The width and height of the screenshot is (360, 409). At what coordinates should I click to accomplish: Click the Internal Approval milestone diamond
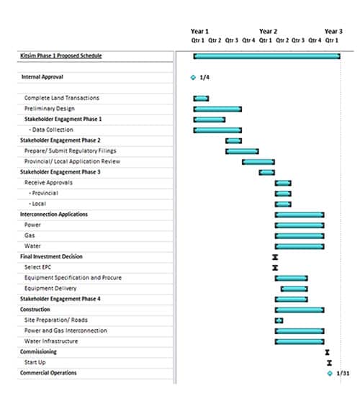193,78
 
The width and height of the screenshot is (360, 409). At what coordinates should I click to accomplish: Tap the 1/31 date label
343,373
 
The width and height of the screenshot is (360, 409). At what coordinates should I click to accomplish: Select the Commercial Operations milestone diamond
330,373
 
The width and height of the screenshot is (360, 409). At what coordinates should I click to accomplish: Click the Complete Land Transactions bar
201,99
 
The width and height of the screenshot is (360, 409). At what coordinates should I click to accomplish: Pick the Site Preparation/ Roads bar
279,320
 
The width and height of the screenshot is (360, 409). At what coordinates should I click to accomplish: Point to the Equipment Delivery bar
294,289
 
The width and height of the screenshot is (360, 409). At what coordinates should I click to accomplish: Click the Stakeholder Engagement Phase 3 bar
266,172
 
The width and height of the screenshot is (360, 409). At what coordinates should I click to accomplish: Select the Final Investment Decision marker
275,257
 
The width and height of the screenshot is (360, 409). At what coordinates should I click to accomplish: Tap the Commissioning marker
328,352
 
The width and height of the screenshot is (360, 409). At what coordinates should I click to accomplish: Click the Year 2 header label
268,31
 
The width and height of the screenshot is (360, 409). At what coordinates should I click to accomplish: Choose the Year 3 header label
333,31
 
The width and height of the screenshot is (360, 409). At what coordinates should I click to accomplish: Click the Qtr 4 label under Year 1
248,40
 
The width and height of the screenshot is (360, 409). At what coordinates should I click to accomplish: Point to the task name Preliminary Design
50,109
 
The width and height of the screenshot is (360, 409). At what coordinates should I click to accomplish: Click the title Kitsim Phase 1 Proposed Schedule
61,55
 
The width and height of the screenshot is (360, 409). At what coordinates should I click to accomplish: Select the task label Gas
30,235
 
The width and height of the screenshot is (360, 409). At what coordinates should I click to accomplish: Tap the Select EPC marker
275,268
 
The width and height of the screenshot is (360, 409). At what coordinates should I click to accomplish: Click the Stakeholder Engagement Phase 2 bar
234,141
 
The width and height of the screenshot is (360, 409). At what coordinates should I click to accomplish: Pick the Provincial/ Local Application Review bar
258,162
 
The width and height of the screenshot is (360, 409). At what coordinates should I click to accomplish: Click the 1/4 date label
204,78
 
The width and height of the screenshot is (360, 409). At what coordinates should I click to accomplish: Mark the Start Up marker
330,363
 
